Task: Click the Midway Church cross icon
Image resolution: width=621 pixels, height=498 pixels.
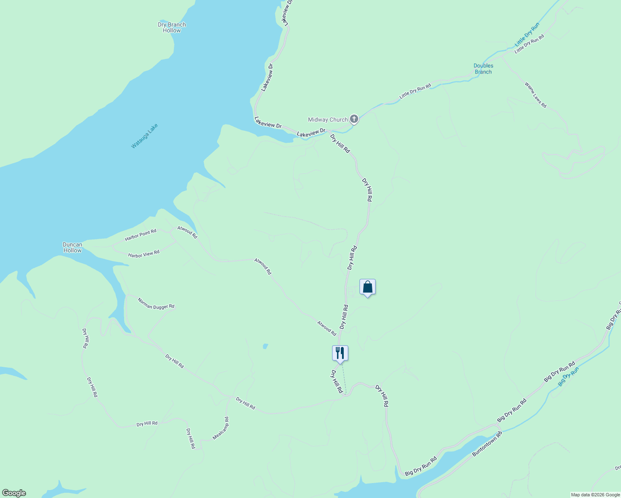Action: (354, 120)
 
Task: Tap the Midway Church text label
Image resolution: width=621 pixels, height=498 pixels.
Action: (328, 120)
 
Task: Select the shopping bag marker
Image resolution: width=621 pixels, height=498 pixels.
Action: (367, 287)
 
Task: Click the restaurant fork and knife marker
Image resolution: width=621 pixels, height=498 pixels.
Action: (340, 353)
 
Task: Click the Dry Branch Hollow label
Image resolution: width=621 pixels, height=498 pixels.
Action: (172, 27)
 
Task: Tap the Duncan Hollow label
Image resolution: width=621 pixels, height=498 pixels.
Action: (73, 247)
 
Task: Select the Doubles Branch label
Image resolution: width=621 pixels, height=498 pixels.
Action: (483, 68)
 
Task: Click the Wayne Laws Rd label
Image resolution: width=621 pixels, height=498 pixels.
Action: (535, 95)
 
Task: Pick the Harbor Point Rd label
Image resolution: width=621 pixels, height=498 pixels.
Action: (141, 235)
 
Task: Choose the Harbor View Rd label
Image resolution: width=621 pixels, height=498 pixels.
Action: (144, 254)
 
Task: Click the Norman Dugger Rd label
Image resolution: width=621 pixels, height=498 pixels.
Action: (156, 303)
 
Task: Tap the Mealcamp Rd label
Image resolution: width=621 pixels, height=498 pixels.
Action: (220, 428)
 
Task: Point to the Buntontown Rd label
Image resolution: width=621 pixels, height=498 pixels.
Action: (487, 444)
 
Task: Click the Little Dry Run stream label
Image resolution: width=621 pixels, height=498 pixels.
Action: (527, 34)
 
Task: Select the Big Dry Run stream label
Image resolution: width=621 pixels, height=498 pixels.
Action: (568, 377)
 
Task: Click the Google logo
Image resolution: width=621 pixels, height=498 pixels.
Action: (14, 493)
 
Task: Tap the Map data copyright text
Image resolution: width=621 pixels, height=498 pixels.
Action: (595, 495)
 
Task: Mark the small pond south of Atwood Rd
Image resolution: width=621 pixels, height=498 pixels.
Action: (265, 346)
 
